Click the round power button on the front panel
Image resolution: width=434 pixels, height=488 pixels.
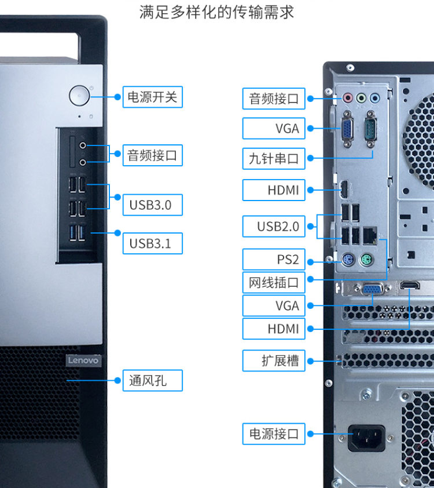pos(79,96)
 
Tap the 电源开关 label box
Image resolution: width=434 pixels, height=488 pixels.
pos(152,97)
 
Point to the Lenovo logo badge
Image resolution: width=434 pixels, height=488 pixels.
pos(83,360)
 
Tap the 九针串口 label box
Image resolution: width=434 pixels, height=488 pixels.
pos(274,159)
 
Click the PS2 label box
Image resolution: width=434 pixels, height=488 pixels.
pos(274,259)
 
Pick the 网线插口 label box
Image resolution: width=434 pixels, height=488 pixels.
pos(274,283)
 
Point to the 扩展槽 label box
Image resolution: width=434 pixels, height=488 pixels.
pos(274,360)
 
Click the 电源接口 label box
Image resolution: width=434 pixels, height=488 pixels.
pos(274,434)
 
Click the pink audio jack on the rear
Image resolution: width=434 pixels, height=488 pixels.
pos(348,97)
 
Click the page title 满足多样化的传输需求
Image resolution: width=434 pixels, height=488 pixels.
pos(217,12)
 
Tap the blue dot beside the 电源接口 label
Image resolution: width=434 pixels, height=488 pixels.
pos(311,434)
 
